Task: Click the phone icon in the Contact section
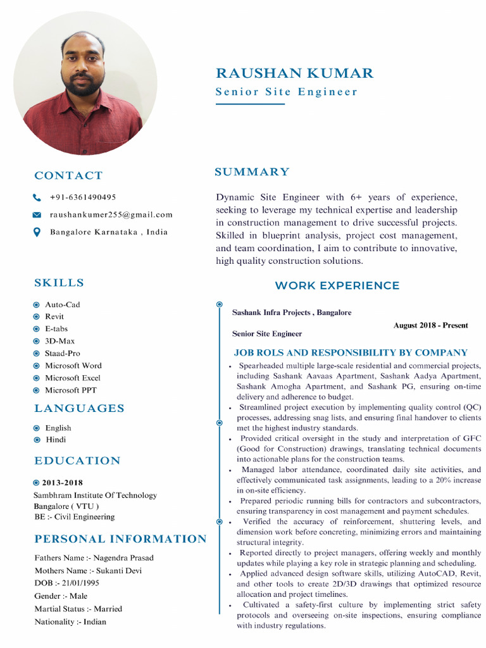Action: pyautogui.click(x=37, y=197)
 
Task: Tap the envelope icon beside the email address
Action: pyautogui.click(x=37, y=215)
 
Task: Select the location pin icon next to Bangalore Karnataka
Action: pyautogui.click(x=37, y=232)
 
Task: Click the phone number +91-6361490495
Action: pyautogui.click(x=83, y=197)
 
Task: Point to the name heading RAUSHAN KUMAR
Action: pyautogui.click(x=294, y=73)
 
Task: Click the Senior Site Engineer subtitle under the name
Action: pyautogui.click(x=286, y=92)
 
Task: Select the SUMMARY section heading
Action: pyautogui.click(x=252, y=172)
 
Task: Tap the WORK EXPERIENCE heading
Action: pyautogui.click(x=337, y=286)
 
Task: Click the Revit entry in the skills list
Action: pyautogui.click(x=54, y=316)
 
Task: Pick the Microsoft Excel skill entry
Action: pyautogui.click(x=72, y=378)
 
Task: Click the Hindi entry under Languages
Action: pyautogui.click(x=55, y=440)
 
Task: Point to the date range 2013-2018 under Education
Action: pyautogui.click(x=63, y=483)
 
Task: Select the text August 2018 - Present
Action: pyautogui.click(x=430, y=325)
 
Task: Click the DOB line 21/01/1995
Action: pyautogui.click(x=66, y=583)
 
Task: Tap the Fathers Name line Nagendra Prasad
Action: pyautogui.click(x=94, y=558)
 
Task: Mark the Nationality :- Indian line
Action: pyautogui.click(x=70, y=621)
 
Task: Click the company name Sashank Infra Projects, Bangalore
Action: pyautogui.click(x=291, y=313)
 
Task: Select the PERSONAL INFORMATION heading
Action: pyautogui.click(x=120, y=539)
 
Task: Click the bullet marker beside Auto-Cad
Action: pyautogui.click(x=37, y=304)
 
